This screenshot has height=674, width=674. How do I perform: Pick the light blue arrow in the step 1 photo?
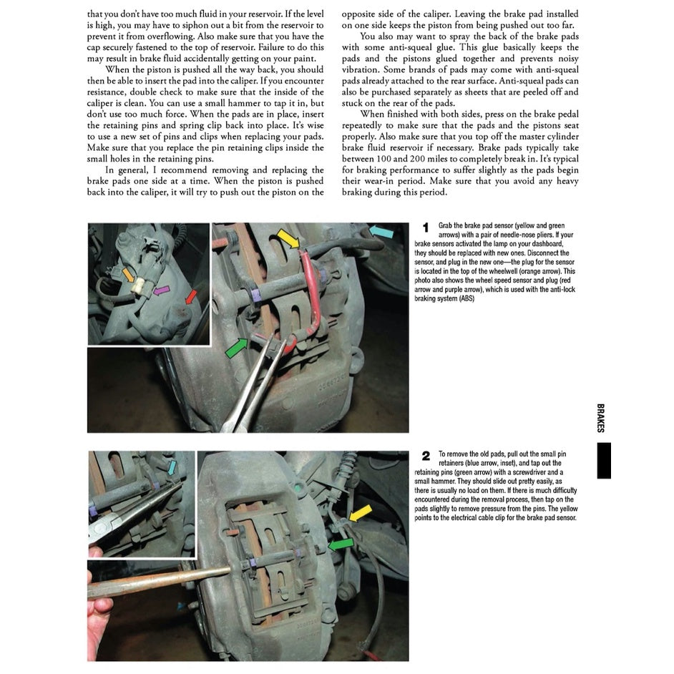(382, 231)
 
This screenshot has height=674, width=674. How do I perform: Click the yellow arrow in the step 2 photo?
(360, 512)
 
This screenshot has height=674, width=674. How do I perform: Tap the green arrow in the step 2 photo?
(340, 544)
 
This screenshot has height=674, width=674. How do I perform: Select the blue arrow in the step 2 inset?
(172, 466)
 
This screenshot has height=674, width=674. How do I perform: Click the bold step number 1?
(425, 228)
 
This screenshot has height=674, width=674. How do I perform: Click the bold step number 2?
(426, 456)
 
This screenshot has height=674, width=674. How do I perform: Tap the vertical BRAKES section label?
(600, 418)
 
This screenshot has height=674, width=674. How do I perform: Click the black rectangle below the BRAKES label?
(603, 460)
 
